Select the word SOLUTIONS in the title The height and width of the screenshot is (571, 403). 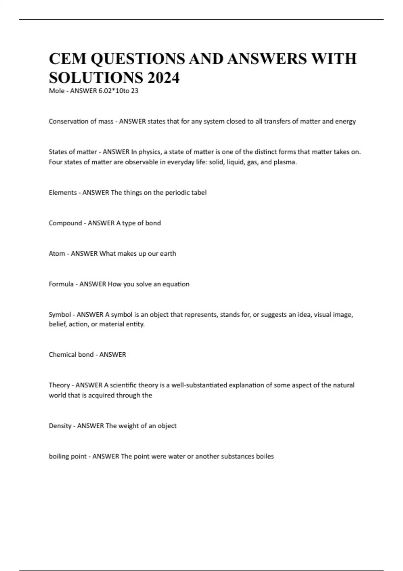tap(96, 78)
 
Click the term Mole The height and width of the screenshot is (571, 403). tap(56, 91)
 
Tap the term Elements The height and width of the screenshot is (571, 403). tap(62, 192)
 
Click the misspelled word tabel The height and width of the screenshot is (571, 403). tap(199, 192)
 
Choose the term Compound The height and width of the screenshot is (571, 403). tap(65, 223)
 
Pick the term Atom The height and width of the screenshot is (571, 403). tap(57, 254)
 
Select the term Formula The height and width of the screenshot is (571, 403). tap(61, 284)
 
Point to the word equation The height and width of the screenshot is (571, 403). tap(176, 284)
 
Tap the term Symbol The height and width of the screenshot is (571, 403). tap(60, 315)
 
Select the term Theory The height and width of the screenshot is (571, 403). tap(59, 385)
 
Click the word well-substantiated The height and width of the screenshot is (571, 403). tap(199, 385)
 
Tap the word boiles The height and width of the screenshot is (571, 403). tap(265, 456)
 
